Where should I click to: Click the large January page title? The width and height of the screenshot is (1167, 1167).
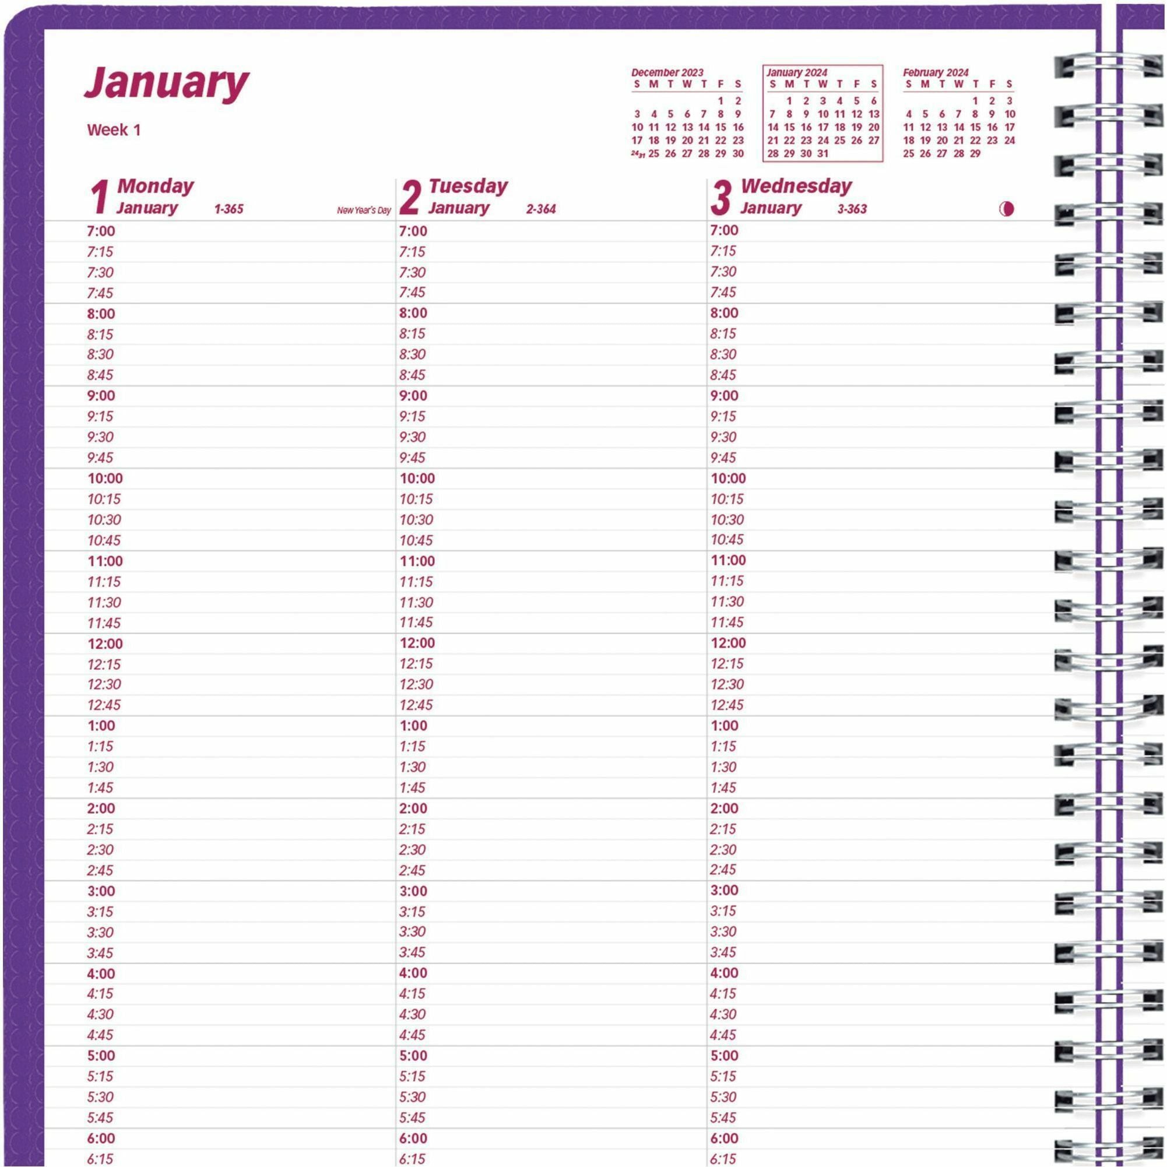166,82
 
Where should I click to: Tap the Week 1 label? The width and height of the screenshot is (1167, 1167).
114,130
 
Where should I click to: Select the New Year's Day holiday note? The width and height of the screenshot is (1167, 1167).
364,211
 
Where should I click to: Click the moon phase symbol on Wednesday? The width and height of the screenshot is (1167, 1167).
1006,209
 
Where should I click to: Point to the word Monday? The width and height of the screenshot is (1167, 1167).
155,186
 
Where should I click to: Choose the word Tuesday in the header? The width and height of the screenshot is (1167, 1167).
468,186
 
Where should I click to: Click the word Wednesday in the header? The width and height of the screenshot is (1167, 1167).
796,186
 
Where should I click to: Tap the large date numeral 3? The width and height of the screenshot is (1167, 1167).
721,198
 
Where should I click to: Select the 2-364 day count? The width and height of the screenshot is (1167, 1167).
540,209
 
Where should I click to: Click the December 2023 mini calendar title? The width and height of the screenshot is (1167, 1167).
667,72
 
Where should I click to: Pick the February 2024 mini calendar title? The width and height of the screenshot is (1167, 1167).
935,72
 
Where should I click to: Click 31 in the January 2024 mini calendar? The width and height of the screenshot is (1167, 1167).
822,153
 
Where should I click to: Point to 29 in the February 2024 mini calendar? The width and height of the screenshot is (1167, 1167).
975,153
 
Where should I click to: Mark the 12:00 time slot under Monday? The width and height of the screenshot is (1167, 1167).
105,644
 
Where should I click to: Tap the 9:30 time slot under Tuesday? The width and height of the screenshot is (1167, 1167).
413,437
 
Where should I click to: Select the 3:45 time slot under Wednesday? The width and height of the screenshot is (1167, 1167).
723,952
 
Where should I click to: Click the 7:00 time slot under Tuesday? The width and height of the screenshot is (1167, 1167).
413,231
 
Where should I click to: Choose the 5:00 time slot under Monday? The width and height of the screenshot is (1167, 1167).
101,1055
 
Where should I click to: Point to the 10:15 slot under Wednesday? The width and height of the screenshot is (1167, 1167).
727,499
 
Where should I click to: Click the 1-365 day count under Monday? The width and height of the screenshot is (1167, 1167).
229,209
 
